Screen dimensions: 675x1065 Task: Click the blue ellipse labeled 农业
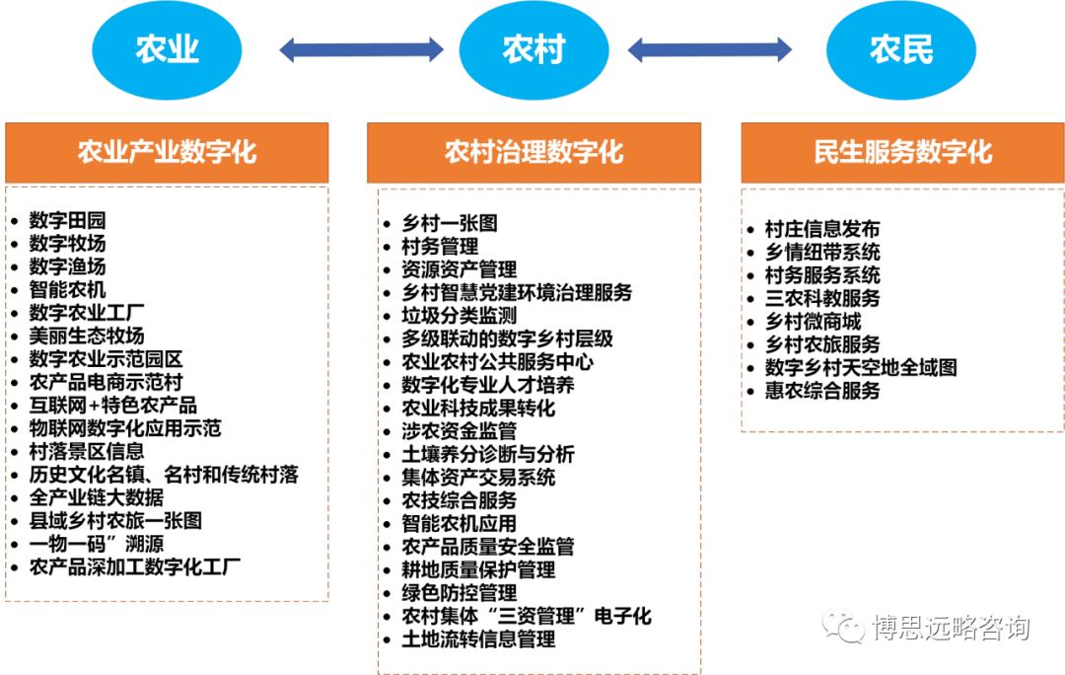[167, 49]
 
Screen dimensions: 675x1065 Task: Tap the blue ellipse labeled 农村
[533, 49]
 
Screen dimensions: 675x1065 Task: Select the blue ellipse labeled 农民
[901, 49]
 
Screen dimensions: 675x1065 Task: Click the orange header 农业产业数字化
[167, 152]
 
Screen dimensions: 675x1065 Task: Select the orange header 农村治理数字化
[533, 152]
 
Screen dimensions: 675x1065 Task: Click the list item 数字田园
[67, 220]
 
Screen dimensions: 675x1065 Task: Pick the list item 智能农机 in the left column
[67, 289]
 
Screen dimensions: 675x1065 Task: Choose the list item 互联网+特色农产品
[112, 406]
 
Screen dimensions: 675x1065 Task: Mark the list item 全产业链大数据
[97, 497]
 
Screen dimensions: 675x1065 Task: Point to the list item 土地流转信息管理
[478, 639]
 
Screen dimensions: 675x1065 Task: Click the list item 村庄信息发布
[822, 229]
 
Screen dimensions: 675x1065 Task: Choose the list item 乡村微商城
[813, 322]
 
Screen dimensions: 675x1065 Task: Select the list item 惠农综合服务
[822, 391]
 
